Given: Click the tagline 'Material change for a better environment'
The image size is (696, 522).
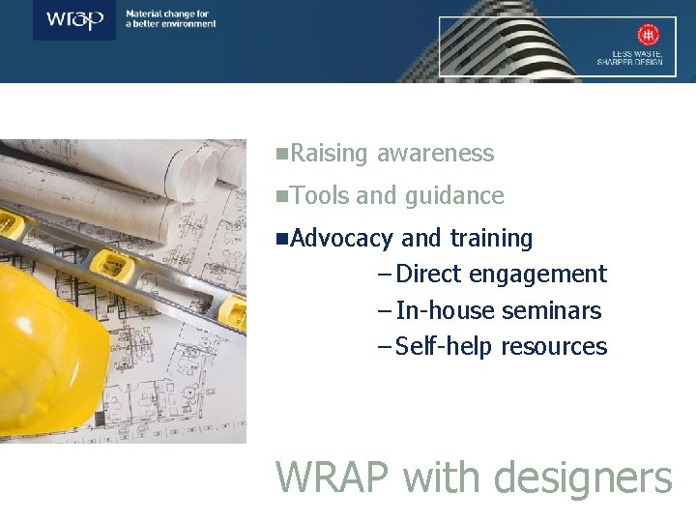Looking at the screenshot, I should pos(171,18).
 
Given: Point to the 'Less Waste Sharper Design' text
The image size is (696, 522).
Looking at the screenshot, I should pos(629,57).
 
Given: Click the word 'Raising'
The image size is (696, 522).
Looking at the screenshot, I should pos(329,154).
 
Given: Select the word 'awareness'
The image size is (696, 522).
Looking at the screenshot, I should pos(435,154).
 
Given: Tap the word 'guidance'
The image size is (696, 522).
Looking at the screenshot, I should pos(454,196).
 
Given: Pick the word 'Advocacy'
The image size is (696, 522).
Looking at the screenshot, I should pos(341,238).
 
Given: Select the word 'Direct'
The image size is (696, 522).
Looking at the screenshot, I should pos(429,275).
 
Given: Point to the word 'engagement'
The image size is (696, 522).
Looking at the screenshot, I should pos(538,275).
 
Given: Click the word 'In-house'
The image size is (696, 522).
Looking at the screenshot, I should pos(445,311).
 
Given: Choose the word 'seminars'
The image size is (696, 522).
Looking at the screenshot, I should pos(552,311).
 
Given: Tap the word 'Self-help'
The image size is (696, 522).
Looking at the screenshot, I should pos(445,347).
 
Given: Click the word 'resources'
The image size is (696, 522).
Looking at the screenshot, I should pos(555,347).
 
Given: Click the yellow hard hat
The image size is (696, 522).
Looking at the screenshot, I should pos(48,348).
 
